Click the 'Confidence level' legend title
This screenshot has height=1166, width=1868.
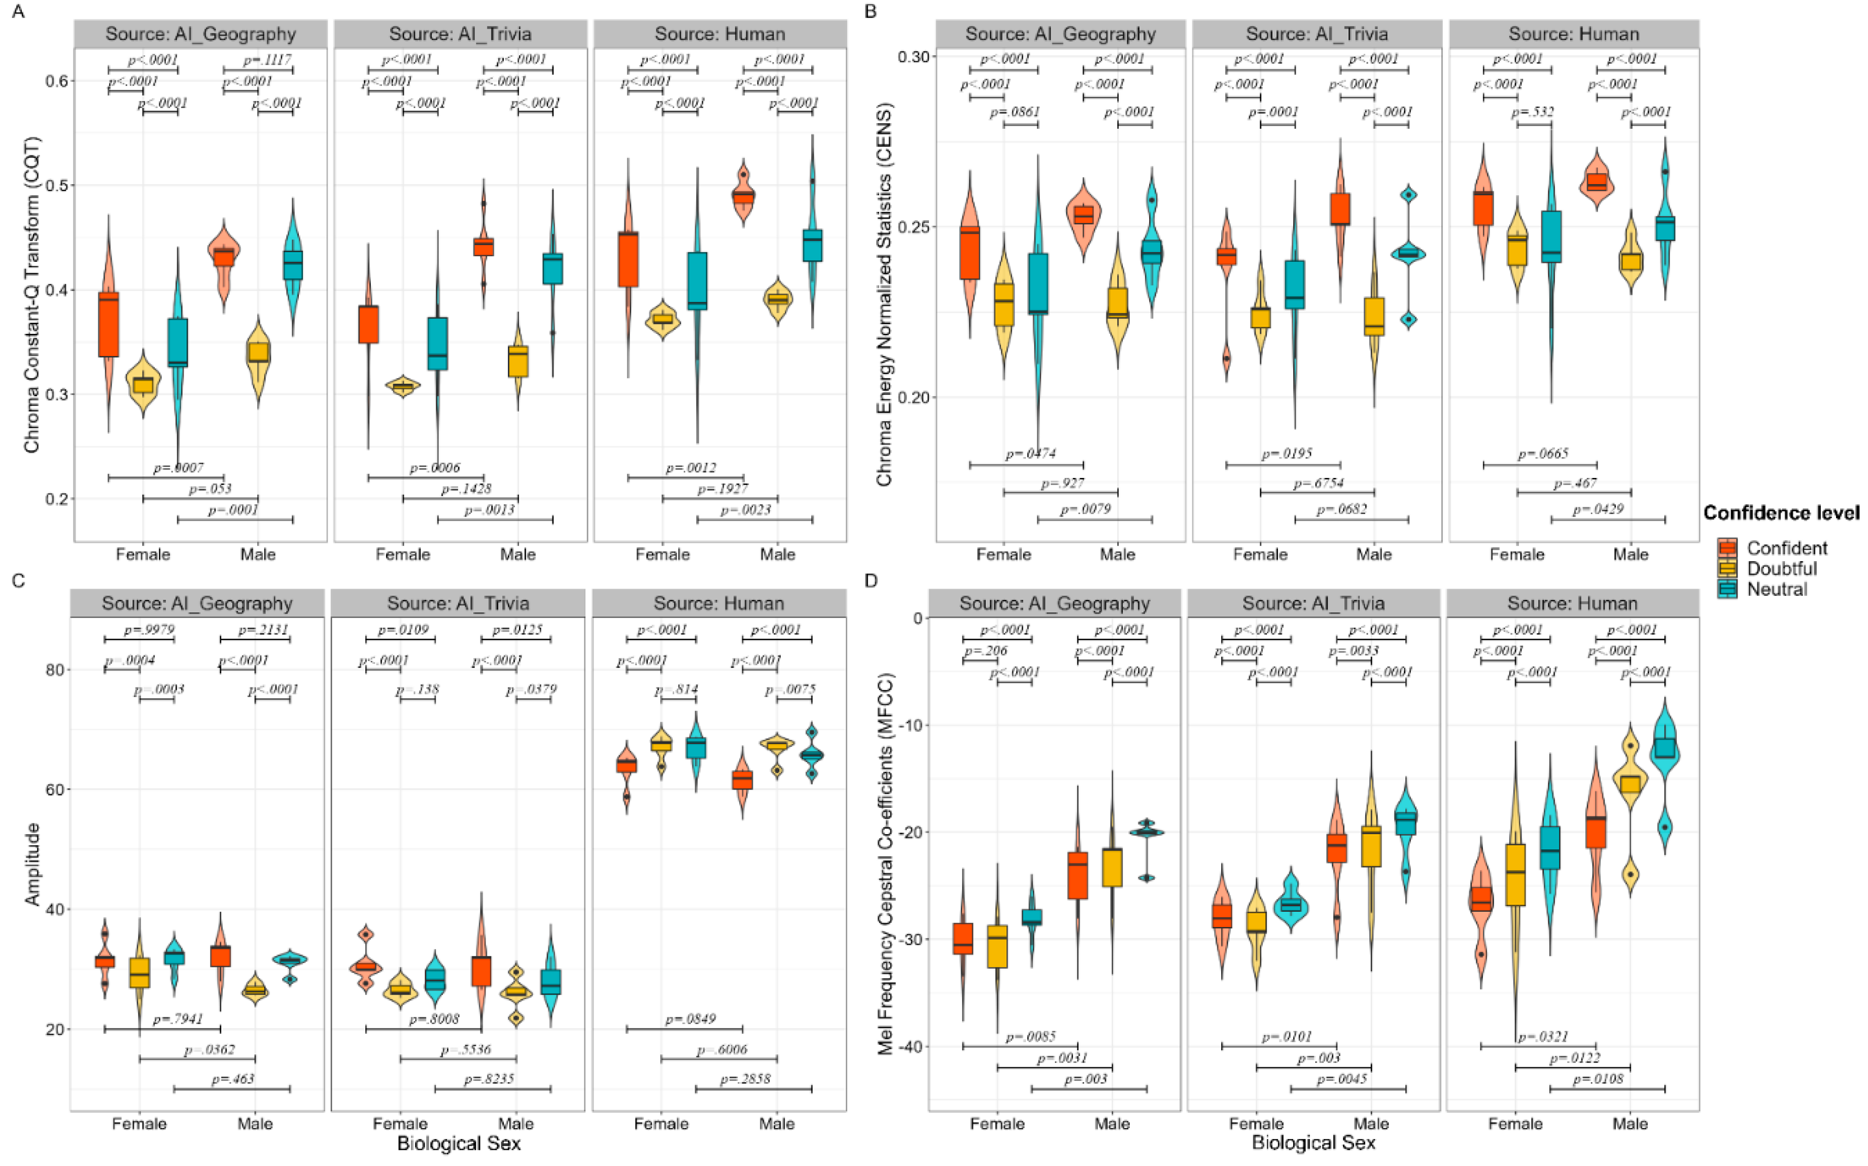pyautogui.click(x=1781, y=513)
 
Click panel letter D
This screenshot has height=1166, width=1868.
pyautogui.click(x=871, y=580)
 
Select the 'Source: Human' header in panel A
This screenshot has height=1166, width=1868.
pyautogui.click(x=720, y=35)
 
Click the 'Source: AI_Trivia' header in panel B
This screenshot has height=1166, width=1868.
pyautogui.click(x=1317, y=35)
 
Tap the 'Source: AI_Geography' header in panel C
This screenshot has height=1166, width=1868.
pyautogui.click(x=197, y=604)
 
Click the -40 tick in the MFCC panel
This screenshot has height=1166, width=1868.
pyautogui.click(x=910, y=1046)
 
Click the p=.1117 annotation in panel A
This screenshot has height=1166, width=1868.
pyautogui.click(x=267, y=60)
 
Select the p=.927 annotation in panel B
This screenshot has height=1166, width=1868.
pyautogui.click(x=1062, y=484)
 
